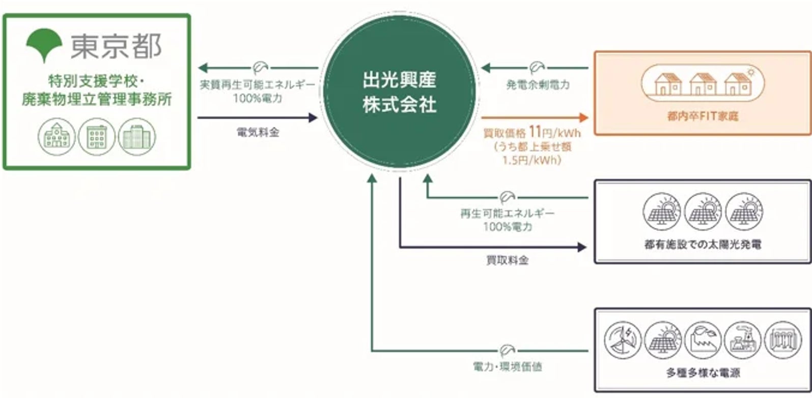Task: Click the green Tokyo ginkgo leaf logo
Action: [44, 44]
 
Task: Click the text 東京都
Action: [116, 46]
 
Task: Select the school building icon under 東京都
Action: [57, 137]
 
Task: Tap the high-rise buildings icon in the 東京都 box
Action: [137, 137]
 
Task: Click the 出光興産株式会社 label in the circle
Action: [400, 92]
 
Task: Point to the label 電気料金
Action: [258, 132]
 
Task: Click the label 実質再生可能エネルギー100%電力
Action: [258, 91]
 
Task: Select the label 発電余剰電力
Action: [538, 85]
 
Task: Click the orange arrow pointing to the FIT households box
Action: [534, 118]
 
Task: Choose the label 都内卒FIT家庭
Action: [703, 117]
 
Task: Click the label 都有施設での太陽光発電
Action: [703, 245]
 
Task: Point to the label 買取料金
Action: [507, 260]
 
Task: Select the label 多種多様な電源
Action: [703, 373]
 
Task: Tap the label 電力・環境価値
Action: [507, 366]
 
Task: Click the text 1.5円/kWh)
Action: [531, 160]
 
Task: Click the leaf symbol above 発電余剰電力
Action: [536, 67]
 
